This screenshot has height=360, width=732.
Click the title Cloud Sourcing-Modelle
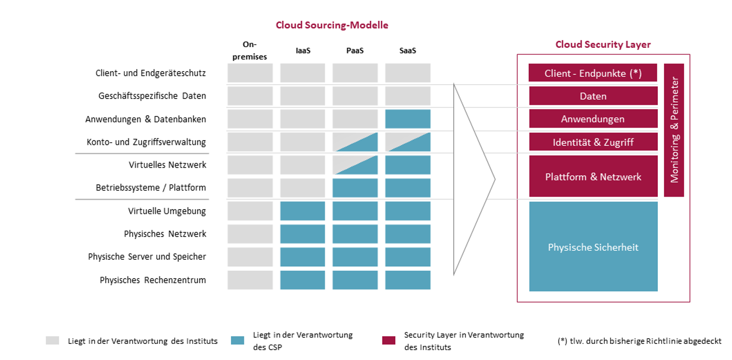(332, 25)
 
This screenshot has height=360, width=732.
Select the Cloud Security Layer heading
(603, 44)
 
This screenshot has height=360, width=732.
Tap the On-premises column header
(250, 51)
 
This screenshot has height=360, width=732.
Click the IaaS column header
(302, 51)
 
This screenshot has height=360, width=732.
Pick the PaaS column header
(355, 51)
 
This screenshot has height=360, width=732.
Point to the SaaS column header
(407, 51)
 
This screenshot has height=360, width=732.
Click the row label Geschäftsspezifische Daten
(152, 96)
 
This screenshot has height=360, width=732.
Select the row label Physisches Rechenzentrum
(153, 280)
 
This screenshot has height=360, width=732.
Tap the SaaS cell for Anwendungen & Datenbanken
(408, 119)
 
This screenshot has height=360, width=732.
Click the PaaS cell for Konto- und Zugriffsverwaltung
(355, 142)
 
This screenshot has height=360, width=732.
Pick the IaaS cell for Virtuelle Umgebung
(302, 211)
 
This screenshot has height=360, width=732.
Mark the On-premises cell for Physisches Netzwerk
(250, 234)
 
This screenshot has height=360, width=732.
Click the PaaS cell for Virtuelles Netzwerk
(355, 165)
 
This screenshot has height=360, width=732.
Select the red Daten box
(593, 96)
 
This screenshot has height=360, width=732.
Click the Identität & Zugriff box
(593, 142)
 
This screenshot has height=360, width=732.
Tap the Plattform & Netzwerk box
(593, 177)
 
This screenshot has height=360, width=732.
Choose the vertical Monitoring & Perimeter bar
(674, 130)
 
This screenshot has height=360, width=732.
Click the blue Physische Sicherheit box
(593, 247)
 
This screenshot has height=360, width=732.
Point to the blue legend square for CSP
(238, 341)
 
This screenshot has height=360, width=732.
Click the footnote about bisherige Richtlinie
(639, 341)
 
